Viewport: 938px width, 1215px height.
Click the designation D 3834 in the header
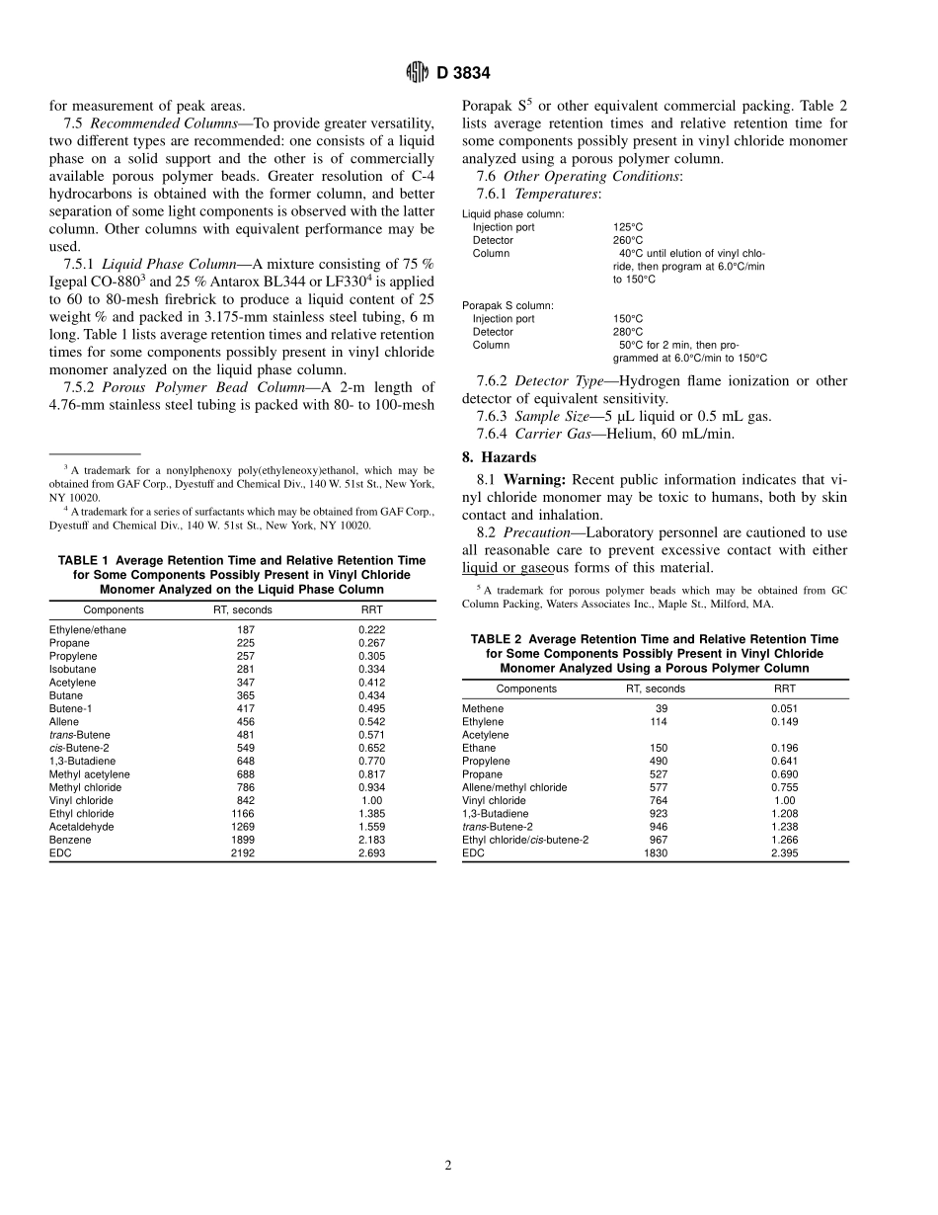click(x=462, y=73)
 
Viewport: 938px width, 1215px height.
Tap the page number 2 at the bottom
click(x=447, y=1165)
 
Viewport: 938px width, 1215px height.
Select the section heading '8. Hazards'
click(x=500, y=457)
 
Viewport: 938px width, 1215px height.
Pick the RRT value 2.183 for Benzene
click(x=371, y=840)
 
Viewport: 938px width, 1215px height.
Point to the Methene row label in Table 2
click(x=483, y=708)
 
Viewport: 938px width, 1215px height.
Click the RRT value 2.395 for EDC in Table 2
click(x=784, y=852)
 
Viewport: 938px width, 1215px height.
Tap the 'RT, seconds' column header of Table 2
click(x=656, y=688)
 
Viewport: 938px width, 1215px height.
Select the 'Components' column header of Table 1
click(x=114, y=609)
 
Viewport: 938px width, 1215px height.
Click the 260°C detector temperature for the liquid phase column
click(x=628, y=240)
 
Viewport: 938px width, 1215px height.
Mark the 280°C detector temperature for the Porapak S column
click(x=628, y=332)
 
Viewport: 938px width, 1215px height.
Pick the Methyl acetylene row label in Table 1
click(x=90, y=774)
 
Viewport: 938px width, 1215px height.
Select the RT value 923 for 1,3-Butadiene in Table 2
click(x=658, y=813)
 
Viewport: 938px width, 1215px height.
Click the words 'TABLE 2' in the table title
click(x=501, y=639)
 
